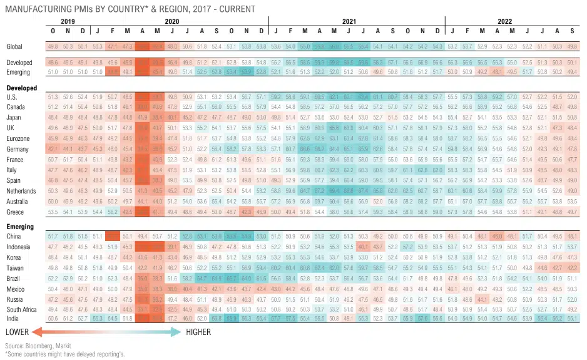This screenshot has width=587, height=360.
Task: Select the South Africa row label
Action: pos(21,309)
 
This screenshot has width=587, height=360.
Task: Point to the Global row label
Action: pos(14,46)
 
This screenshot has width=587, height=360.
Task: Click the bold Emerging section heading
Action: pos(21,227)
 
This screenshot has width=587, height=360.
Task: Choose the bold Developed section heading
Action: pos(22,88)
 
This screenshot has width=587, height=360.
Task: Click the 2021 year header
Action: pos(349,21)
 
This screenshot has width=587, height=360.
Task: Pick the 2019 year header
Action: pos(68,21)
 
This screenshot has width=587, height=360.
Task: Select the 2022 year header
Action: pos(504,21)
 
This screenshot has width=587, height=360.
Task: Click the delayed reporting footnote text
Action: pos(65,354)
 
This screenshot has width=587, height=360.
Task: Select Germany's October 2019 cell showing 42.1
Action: pos(53,150)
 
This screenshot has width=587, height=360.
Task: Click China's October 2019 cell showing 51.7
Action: pos(53,237)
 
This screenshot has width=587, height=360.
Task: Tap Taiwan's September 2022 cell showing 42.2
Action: pos(571,267)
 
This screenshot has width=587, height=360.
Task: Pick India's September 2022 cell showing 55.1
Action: pos(571,319)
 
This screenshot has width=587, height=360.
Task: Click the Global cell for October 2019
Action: pos(53,46)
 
